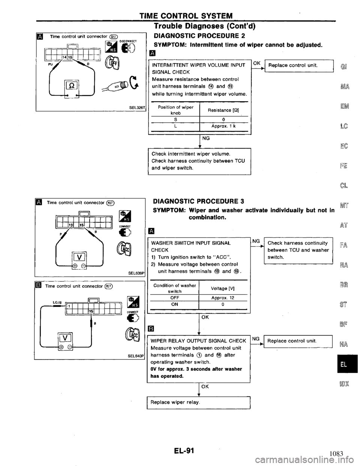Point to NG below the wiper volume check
206,138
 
